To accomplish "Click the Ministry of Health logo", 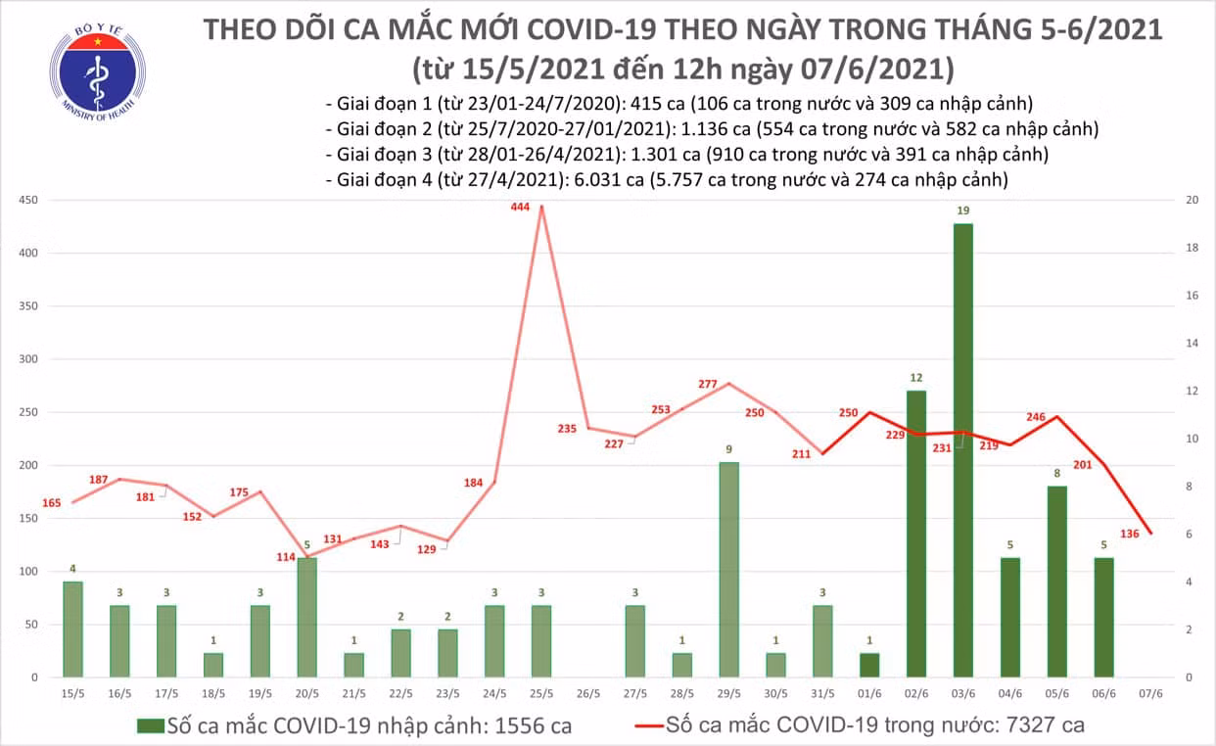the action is click(98, 72).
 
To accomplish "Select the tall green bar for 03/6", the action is click(963, 450).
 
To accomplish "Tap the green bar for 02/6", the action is click(916, 535).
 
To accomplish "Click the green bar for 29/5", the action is click(729, 570).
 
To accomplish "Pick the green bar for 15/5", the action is click(72, 629).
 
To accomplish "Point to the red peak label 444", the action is click(520, 207).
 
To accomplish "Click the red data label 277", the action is click(707, 385).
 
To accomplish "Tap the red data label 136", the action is click(1130, 535).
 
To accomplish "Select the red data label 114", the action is click(286, 557).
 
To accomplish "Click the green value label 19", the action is click(963, 210).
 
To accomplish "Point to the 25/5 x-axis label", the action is click(541, 694).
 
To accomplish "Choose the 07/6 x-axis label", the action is click(1150, 694).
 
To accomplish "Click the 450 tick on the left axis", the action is click(28, 201).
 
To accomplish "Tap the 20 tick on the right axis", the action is click(1193, 201).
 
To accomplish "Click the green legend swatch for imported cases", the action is click(151, 726).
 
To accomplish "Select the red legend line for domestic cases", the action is click(649, 725).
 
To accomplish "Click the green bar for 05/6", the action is click(1057, 583).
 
